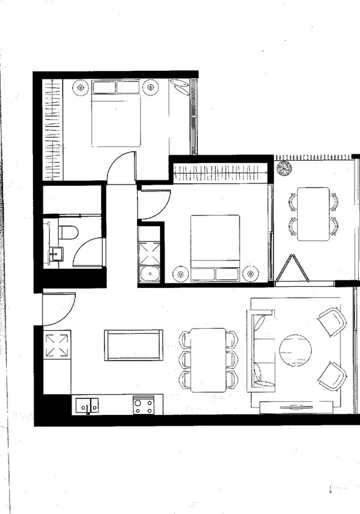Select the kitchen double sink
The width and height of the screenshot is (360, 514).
[87, 405]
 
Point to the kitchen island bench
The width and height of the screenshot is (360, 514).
[133, 345]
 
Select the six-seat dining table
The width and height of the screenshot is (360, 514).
[208, 359]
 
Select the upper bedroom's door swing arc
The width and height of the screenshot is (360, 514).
[120, 167]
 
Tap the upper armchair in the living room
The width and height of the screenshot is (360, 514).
[332, 321]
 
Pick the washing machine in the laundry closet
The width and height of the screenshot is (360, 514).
[149, 273]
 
